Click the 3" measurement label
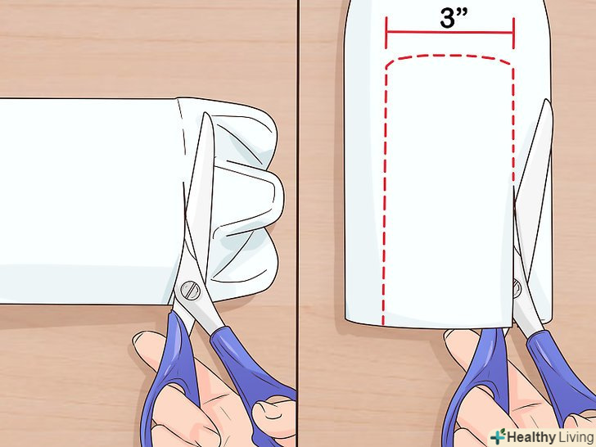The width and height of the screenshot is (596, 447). point(454,17)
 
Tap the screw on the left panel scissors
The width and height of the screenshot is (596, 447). point(190,291)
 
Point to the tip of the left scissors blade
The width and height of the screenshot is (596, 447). point(205,113)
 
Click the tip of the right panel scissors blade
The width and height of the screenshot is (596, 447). point(547,100)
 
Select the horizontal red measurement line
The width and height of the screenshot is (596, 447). point(449,32)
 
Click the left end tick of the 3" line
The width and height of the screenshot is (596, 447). point(386,33)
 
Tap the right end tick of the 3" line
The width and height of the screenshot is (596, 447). point(513,33)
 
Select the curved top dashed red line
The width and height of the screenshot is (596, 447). point(449,57)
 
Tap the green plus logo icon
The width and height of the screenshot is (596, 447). point(498,436)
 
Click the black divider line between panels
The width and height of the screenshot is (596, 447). point(298,223)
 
